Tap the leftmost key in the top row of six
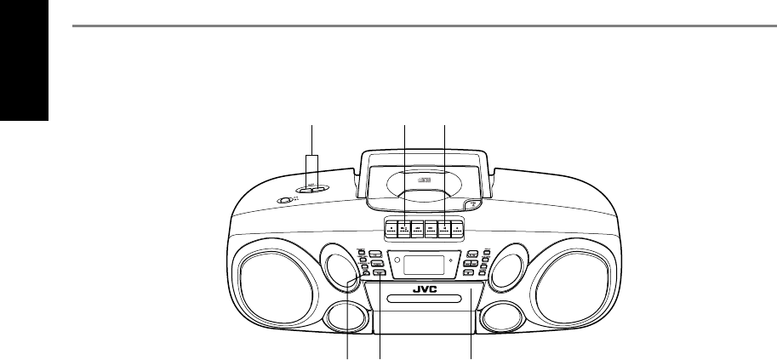click(390, 228)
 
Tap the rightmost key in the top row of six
click(458, 228)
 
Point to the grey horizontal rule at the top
click(424, 26)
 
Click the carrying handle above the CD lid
click(424, 155)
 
